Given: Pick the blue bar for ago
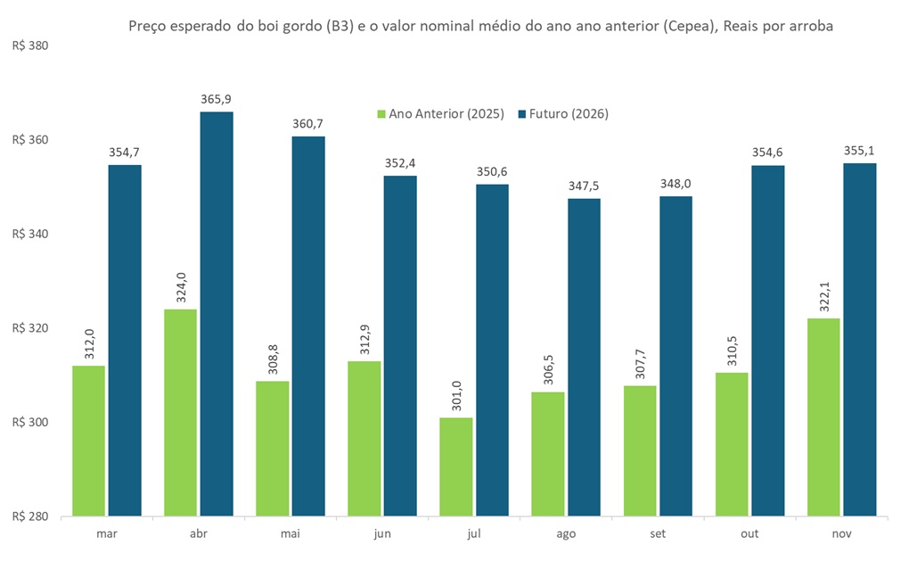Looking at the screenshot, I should (584, 357).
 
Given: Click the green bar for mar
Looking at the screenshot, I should (88, 441).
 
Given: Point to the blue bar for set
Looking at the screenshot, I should (675, 356).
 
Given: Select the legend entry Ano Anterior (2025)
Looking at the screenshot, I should (440, 114).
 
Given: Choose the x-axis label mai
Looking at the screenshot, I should (290, 533).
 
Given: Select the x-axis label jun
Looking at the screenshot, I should (381, 533).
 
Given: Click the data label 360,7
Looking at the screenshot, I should (308, 123).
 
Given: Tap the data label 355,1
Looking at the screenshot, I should (860, 150).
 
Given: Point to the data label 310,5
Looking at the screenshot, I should (731, 349).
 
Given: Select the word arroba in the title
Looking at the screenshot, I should (809, 26).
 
